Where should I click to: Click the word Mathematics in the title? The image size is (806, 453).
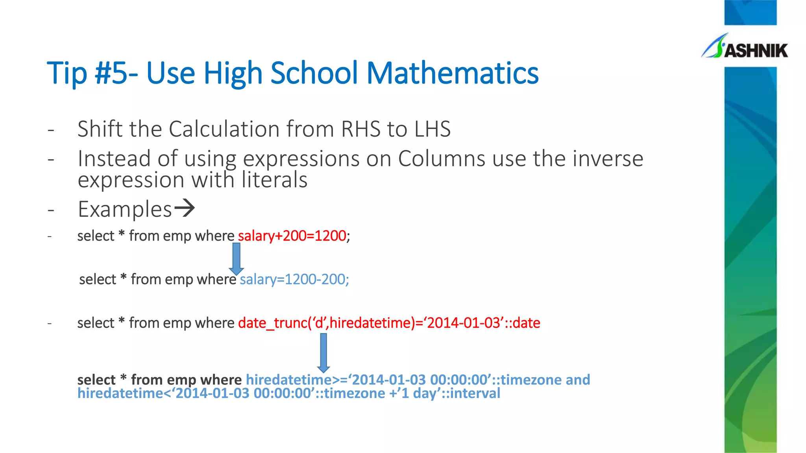point(452,74)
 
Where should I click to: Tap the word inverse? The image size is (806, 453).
point(608,158)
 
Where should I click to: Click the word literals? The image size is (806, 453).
point(274,180)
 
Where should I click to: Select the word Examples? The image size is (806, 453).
point(125,209)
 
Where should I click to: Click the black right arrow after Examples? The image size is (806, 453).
point(185,208)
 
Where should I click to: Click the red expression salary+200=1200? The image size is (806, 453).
point(292,236)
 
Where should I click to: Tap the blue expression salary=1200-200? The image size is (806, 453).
point(294,279)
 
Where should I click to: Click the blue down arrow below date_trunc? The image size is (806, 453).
point(324,352)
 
